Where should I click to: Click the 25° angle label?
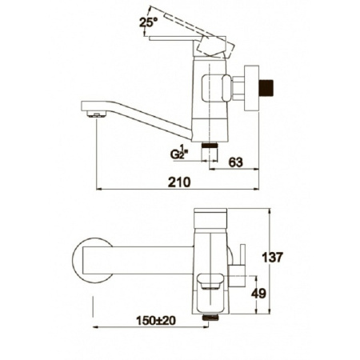146,22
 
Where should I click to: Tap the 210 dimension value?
179,182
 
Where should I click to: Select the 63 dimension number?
236,162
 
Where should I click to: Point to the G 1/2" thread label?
179,153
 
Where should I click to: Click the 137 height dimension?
272,258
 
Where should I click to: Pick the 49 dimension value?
258,294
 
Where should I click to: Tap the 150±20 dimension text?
156,321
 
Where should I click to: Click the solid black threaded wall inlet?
267,89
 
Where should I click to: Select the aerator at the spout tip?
96,114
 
